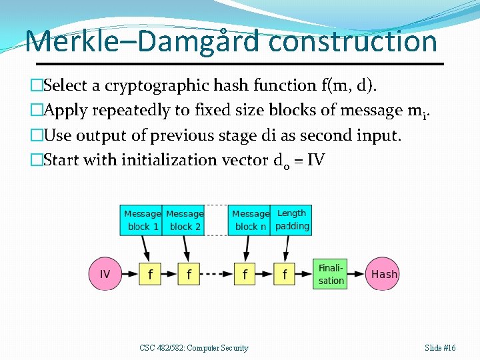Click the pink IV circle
coord(105,274)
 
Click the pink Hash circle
coord(383,274)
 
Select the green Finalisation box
coord(330,274)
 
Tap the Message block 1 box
coord(142,220)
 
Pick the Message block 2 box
coord(184,220)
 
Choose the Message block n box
coord(249,220)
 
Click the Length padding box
coord(291,220)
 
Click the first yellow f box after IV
coord(151,274)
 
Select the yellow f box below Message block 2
coord(190,274)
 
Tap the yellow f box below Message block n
coord(245,274)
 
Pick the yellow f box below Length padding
coord(285,274)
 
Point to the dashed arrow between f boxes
coord(217,274)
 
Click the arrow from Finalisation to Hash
coord(356,274)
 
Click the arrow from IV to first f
coord(129,274)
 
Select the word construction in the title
coord(353,41)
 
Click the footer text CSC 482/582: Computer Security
coord(194,348)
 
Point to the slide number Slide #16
coord(440,348)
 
